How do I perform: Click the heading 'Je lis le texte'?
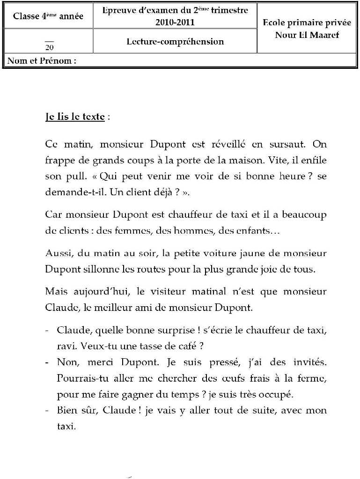(x=75, y=117)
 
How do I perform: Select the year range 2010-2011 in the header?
(x=175, y=22)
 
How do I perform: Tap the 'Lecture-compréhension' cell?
(x=175, y=41)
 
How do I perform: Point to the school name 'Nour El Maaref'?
(x=307, y=35)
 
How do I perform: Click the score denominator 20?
(x=49, y=47)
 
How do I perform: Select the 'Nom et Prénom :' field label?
(x=42, y=60)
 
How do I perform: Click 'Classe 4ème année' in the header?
(x=48, y=16)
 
